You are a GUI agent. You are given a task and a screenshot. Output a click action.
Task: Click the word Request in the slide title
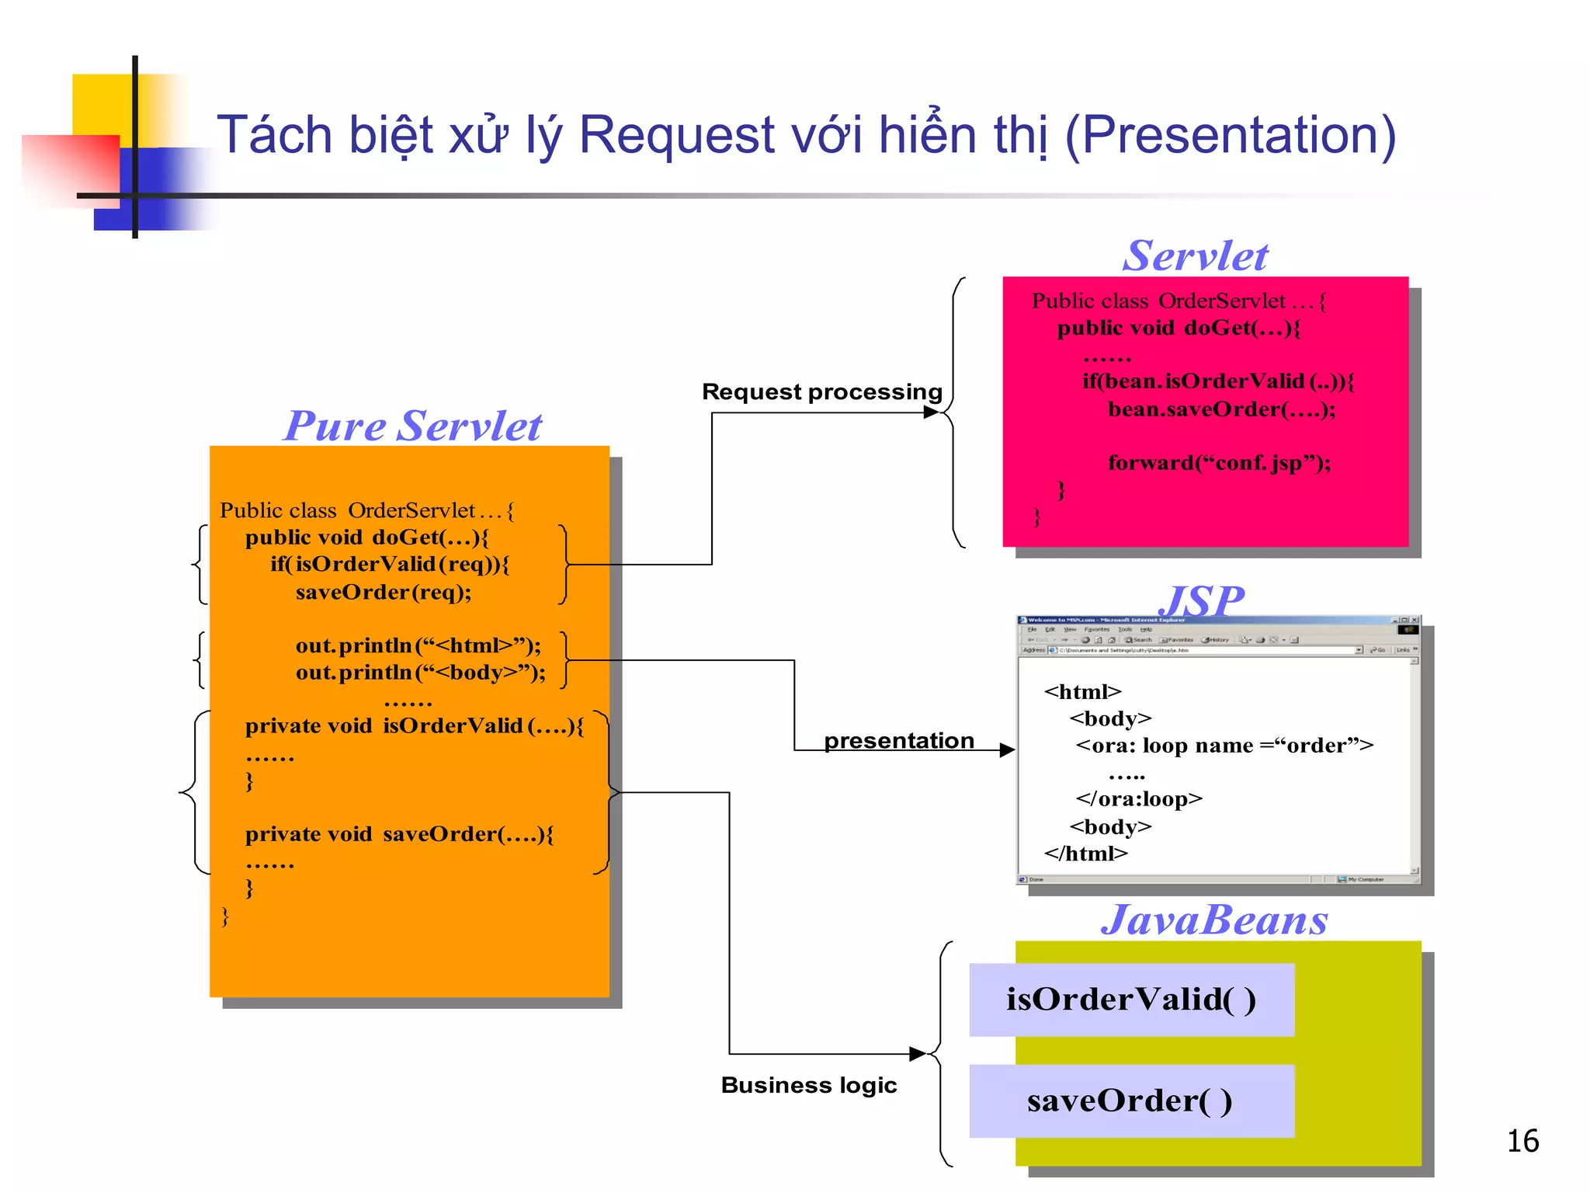pyautogui.click(x=677, y=136)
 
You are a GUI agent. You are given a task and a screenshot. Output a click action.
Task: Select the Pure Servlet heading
pyautogui.click(x=412, y=426)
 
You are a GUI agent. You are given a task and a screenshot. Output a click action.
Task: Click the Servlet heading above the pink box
pyautogui.click(x=1195, y=256)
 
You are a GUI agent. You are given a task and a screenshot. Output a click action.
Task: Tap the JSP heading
pyautogui.click(x=1201, y=600)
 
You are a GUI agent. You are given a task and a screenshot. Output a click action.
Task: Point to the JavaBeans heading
pyautogui.click(x=1214, y=920)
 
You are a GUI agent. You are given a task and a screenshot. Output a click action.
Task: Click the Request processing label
pyautogui.click(x=821, y=391)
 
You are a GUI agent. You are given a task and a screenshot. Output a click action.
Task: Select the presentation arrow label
pyautogui.click(x=898, y=740)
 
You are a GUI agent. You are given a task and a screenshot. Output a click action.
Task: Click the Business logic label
pyautogui.click(x=808, y=1085)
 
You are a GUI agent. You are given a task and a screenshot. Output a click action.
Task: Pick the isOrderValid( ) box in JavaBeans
pyautogui.click(x=1131, y=1000)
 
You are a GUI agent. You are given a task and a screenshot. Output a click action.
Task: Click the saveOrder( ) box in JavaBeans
pyautogui.click(x=1131, y=1101)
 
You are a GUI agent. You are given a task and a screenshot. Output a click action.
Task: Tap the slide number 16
pyautogui.click(x=1522, y=1141)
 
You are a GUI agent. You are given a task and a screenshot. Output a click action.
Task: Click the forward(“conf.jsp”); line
pyautogui.click(x=1219, y=463)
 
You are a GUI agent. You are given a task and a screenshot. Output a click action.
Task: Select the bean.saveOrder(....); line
pyautogui.click(x=1221, y=409)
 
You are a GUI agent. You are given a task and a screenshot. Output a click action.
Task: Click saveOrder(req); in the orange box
pyautogui.click(x=384, y=593)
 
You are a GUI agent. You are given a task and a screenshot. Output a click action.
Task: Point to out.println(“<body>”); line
pyautogui.click(x=420, y=673)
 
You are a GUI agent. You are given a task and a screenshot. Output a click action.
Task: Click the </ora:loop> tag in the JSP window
pyautogui.click(x=1138, y=799)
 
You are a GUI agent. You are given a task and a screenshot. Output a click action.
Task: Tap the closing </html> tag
pyautogui.click(x=1085, y=854)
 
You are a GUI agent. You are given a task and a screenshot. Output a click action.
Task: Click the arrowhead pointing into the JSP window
pyautogui.click(x=1007, y=750)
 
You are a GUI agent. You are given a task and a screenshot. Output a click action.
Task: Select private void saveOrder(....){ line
pyautogui.click(x=399, y=834)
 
